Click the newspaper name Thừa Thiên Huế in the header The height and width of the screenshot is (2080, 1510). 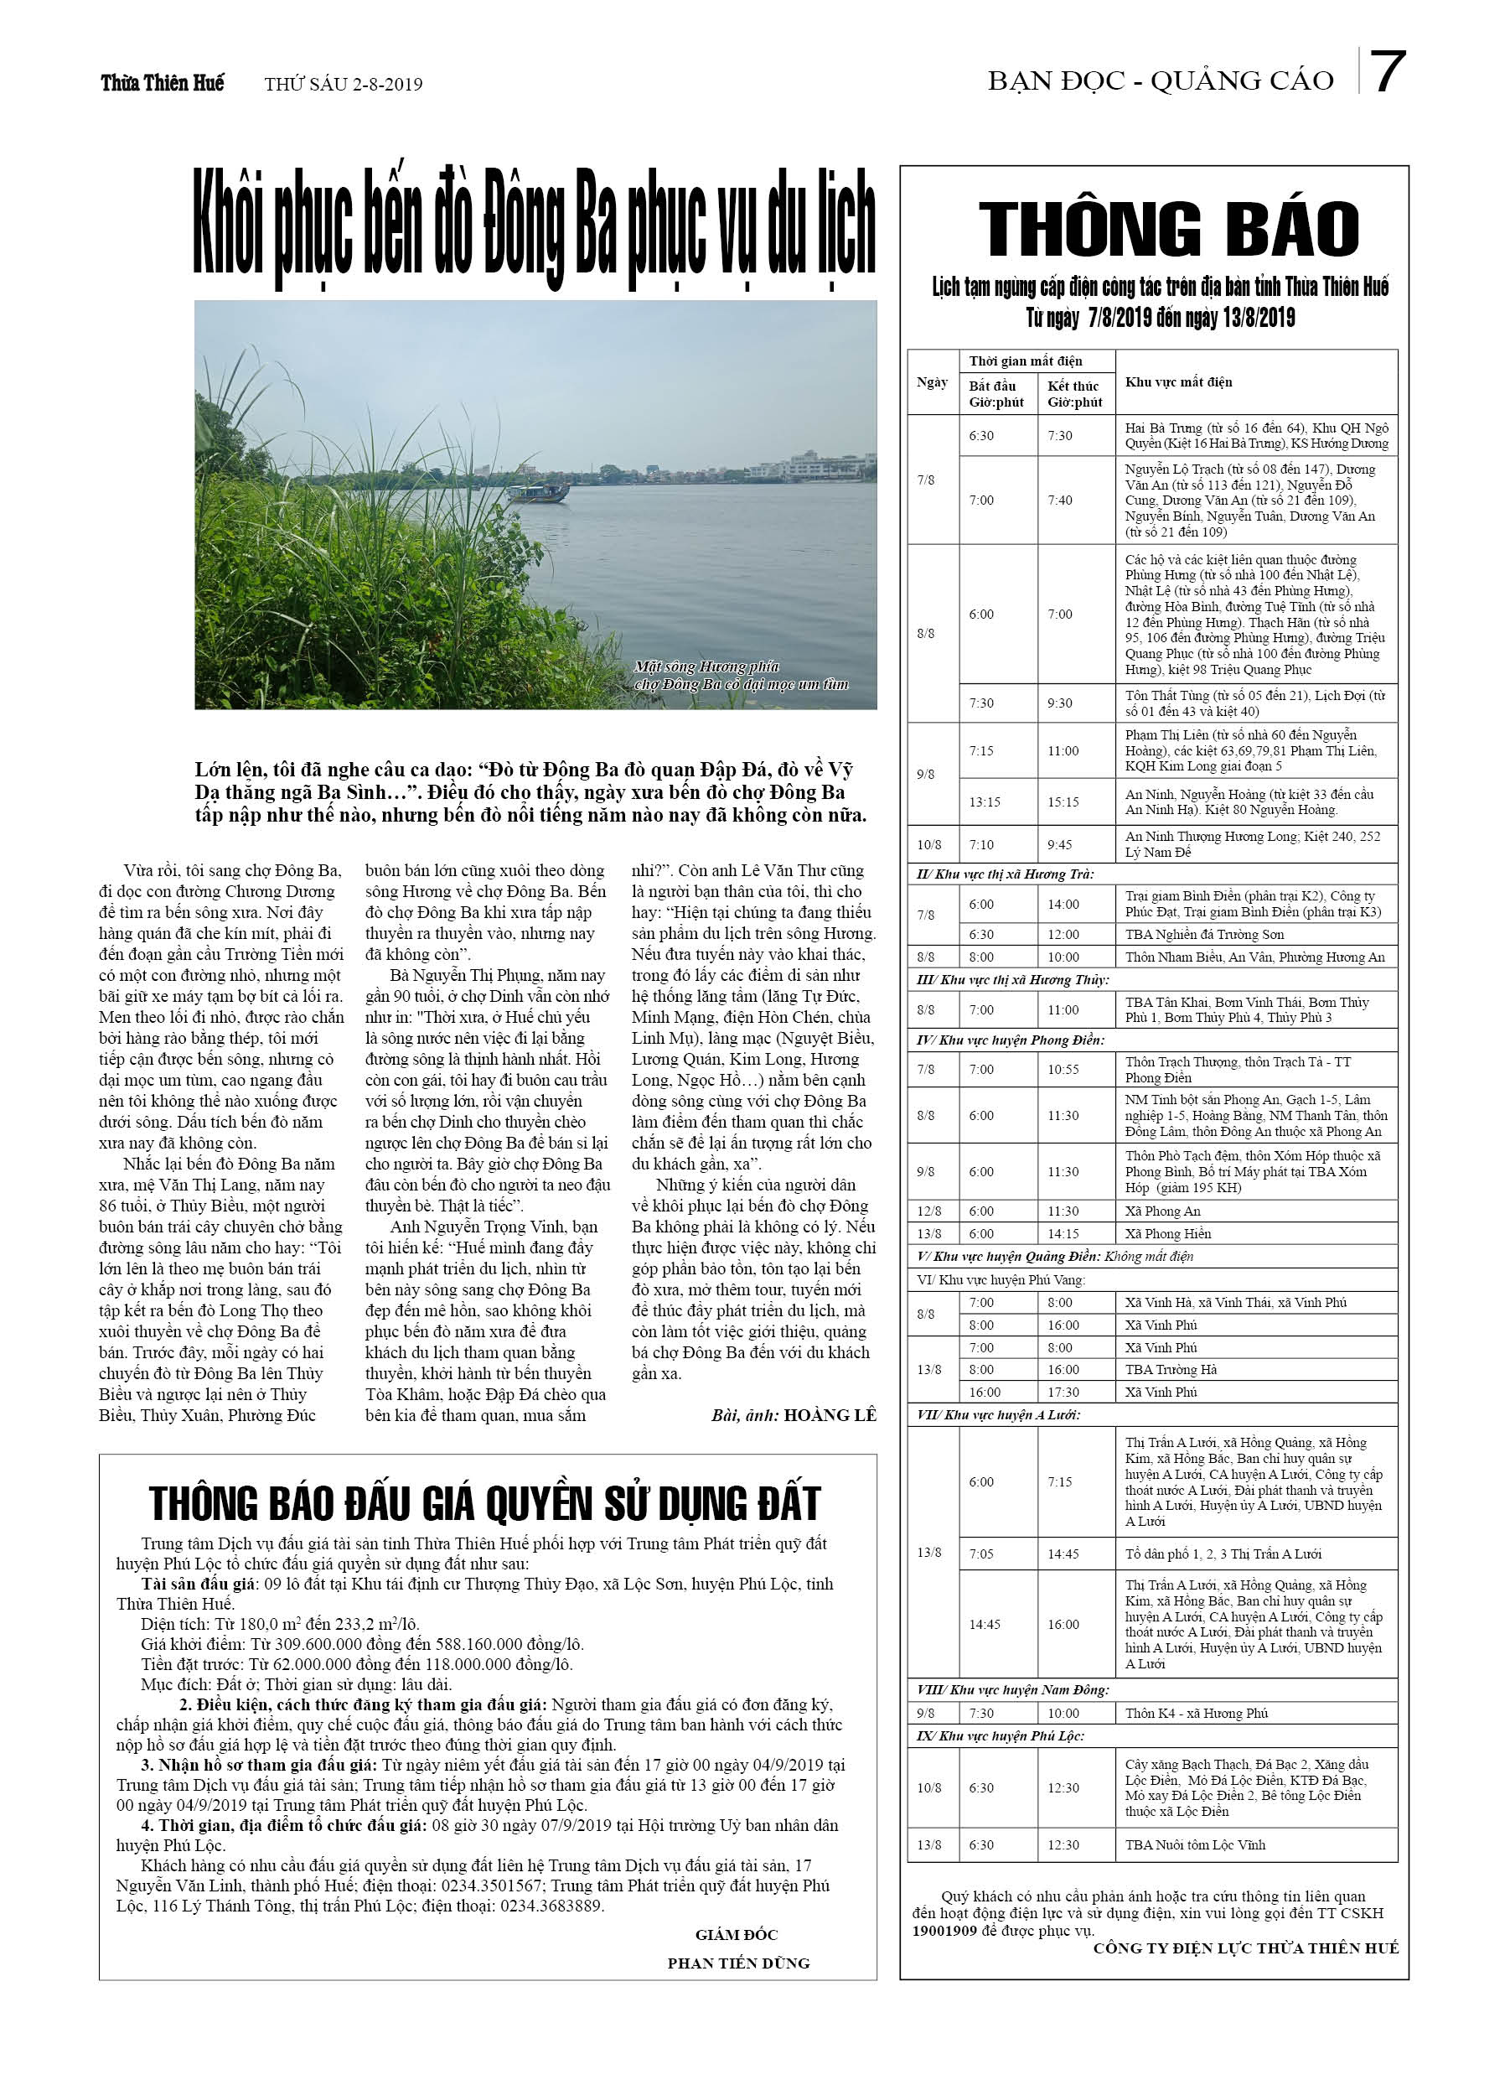[x=163, y=84]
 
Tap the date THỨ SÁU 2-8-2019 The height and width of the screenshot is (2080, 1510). [x=343, y=85]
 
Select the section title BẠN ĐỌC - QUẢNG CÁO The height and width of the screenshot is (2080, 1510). [x=1160, y=81]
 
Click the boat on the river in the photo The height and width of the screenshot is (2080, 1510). [x=538, y=492]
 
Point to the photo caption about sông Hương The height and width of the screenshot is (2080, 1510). [x=740, y=675]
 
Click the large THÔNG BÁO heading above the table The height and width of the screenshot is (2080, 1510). [x=1168, y=228]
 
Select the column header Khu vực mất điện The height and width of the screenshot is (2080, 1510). [x=1178, y=381]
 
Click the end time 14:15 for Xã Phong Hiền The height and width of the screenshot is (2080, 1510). [x=1063, y=1233]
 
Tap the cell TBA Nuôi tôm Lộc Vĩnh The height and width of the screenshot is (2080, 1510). [x=1195, y=1844]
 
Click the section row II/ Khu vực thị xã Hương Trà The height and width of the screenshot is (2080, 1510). [x=1005, y=874]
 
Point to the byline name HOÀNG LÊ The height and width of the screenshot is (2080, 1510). [x=830, y=1415]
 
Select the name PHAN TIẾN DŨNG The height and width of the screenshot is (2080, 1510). [x=738, y=1963]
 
